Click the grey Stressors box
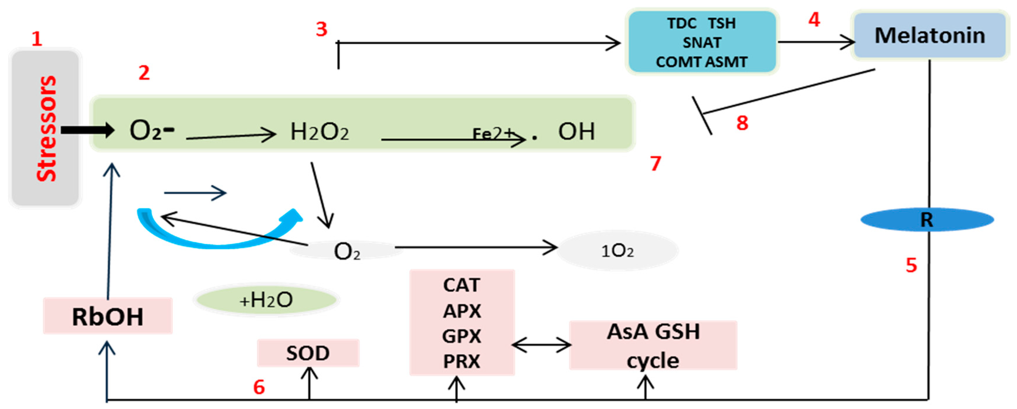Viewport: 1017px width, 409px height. [x=45, y=128]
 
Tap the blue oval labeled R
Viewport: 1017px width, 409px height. [x=927, y=220]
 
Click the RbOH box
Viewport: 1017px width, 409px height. [x=107, y=316]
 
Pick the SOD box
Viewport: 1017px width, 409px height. [x=308, y=353]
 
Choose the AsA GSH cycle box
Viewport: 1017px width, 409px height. [x=653, y=345]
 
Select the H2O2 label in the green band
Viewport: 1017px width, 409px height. [x=319, y=132]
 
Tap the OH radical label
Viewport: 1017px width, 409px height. [x=576, y=131]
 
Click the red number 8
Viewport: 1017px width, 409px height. [x=742, y=123]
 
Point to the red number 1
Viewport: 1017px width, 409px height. [x=37, y=39]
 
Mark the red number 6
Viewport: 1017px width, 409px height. [x=259, y=387]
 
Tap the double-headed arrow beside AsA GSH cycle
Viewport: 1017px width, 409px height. [x=541, y=345]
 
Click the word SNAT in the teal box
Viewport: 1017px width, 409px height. [x=702, y=42]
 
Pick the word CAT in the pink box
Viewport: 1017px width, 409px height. [x=461, y=285]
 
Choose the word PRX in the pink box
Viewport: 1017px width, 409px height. [x=461, y=361]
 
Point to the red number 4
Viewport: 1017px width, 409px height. [x=814, y=20]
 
